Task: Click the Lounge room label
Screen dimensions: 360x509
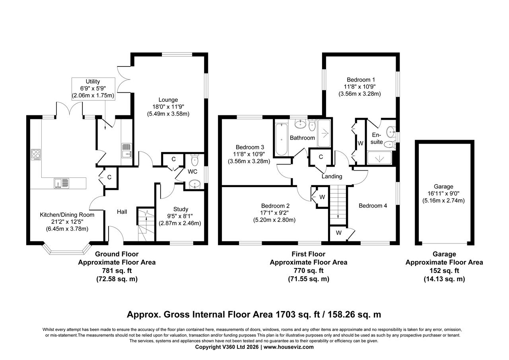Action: click(167, 100)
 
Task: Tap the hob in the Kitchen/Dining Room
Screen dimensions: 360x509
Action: click(36, 154)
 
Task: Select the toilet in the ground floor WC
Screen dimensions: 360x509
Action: click(194, 161)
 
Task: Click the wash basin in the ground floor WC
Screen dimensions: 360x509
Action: click(194, 184)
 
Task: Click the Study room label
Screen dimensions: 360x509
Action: click(181, 209)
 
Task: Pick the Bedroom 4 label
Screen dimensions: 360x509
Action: click(373, 206)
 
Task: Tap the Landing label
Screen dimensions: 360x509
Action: click(332, 177)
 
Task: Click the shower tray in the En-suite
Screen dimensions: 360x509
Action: click(379, 158)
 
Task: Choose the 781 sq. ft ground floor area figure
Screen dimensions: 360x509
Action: click(117, 271)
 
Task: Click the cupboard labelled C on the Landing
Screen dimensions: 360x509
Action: click(321, 157)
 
